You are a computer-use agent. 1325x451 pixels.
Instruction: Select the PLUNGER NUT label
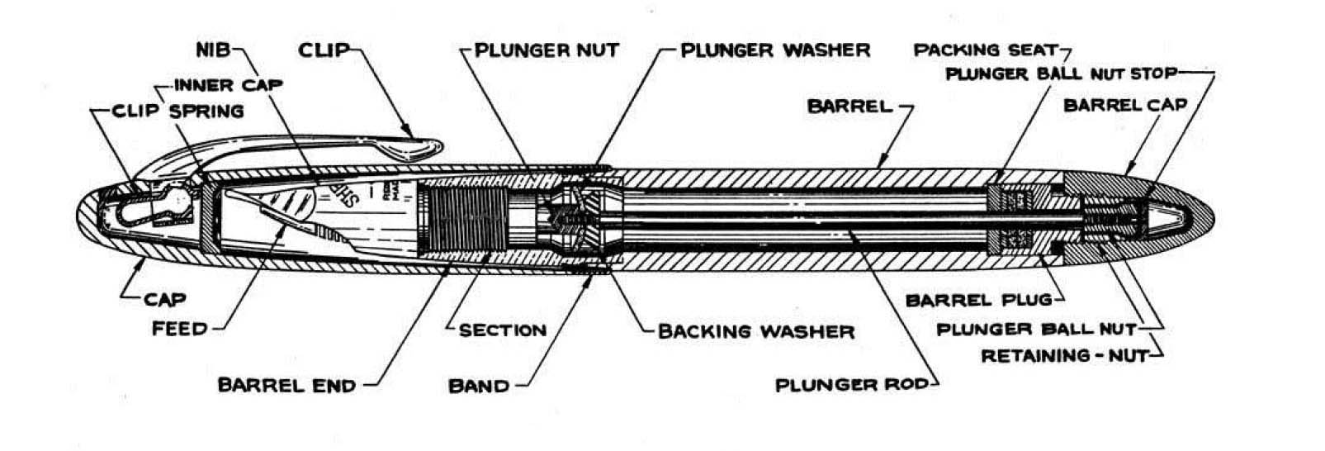pos(547,50)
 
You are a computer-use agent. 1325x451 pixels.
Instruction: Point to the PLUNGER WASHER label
pos(775,50)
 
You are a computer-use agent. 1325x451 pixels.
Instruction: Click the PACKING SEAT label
pos(985,50)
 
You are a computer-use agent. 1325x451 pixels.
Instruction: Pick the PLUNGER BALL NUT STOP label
pos(1061,74)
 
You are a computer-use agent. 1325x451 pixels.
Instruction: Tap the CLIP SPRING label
pos(178,111)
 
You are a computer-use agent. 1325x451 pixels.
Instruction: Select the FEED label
pos(179,329)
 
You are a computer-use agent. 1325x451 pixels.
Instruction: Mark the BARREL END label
pos(286,385)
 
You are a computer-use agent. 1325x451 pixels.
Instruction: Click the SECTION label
pos(503,330)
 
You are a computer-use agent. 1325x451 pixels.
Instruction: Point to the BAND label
pos(478,386)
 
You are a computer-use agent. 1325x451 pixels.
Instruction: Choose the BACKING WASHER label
pos(755,331)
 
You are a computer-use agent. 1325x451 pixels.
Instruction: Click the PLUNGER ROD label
pos(855,385)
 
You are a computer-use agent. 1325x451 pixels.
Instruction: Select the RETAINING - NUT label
pos(1064,356)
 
